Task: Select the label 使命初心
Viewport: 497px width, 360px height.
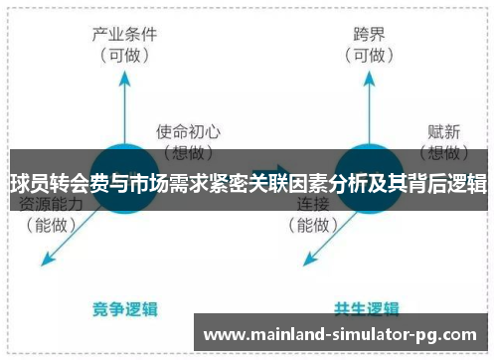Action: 189,131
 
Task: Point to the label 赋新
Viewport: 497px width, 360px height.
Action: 441,131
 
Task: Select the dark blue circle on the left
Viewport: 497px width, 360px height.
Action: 125,178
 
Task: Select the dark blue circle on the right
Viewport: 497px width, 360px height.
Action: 370,178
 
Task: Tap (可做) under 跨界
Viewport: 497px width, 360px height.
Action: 369,56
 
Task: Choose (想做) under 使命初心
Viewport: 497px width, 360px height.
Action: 189,152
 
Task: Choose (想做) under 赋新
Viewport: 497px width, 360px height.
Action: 441,152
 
